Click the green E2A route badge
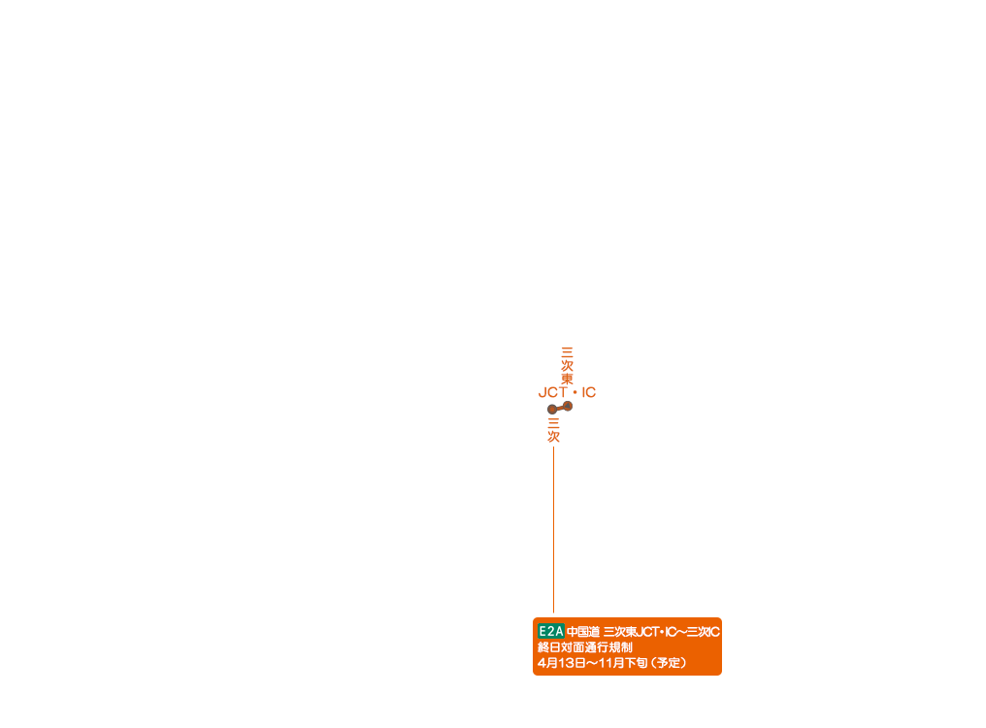click(x=550, y=631)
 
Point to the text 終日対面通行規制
click(x=584, y=647)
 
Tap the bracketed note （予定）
click(x=669, y=663)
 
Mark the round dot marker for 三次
click(x=552, y=410)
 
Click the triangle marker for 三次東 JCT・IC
click(x=568, y=406)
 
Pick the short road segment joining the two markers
click(x=560, y=408)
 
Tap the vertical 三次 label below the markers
click(x=553, y=430)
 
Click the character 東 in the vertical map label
click(x=568, y=379)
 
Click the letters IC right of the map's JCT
click(x=589, y=393)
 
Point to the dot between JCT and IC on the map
click(x=575, y=393)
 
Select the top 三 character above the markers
click(x=568, y=351)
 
